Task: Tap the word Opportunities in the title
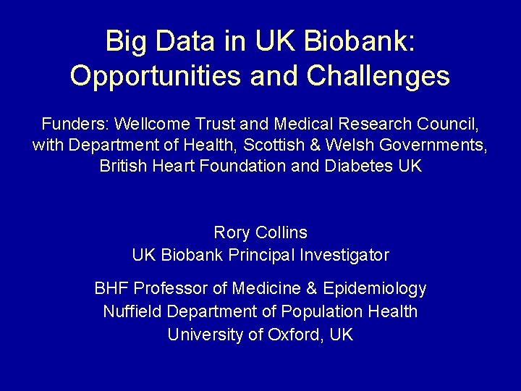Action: click(x=151, y=75)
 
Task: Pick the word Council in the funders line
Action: click(x=449, y=123)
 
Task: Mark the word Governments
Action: click(x=439, y=144)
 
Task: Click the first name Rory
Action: click(x=232, y=233)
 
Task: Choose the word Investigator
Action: click(x=347, y=255)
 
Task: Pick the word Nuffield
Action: click(x=131, y=311)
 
